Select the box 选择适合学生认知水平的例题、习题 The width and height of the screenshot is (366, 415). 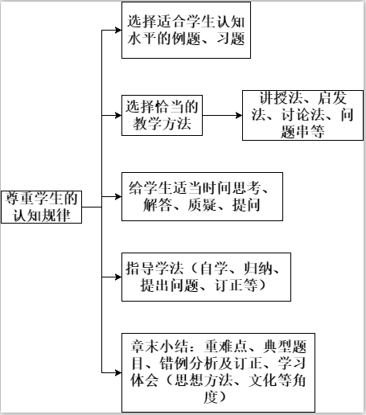click(x=184, y=31)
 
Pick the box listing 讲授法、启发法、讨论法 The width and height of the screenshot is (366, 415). click(x=299, y=115)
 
